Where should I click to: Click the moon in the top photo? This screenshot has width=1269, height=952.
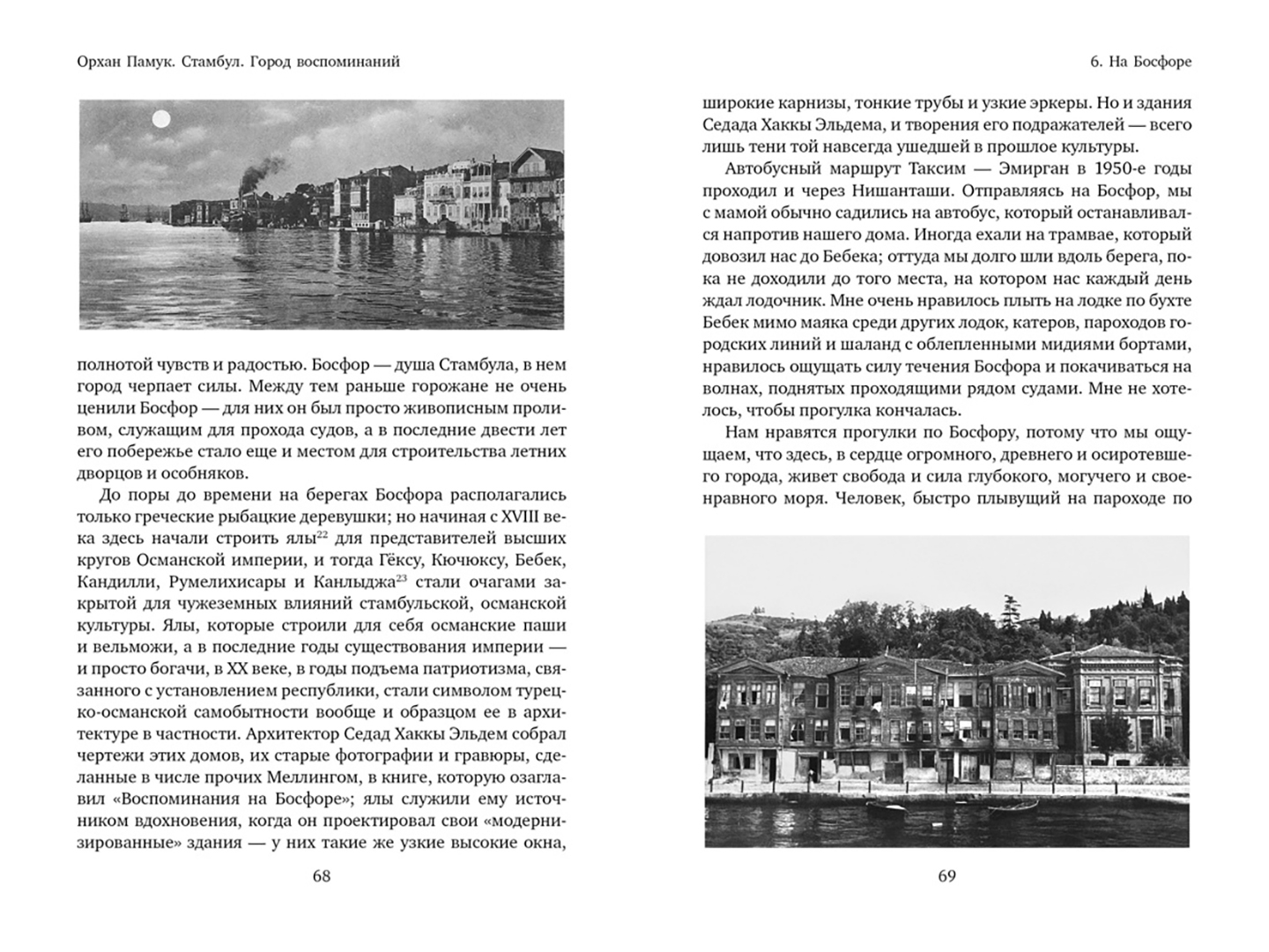pyautogui.click(x=161, y=117)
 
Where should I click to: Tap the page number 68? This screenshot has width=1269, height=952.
pyautogui.click(x=321, y=876)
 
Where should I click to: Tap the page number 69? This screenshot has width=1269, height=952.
pyautogui.click(x=946, y=876)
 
